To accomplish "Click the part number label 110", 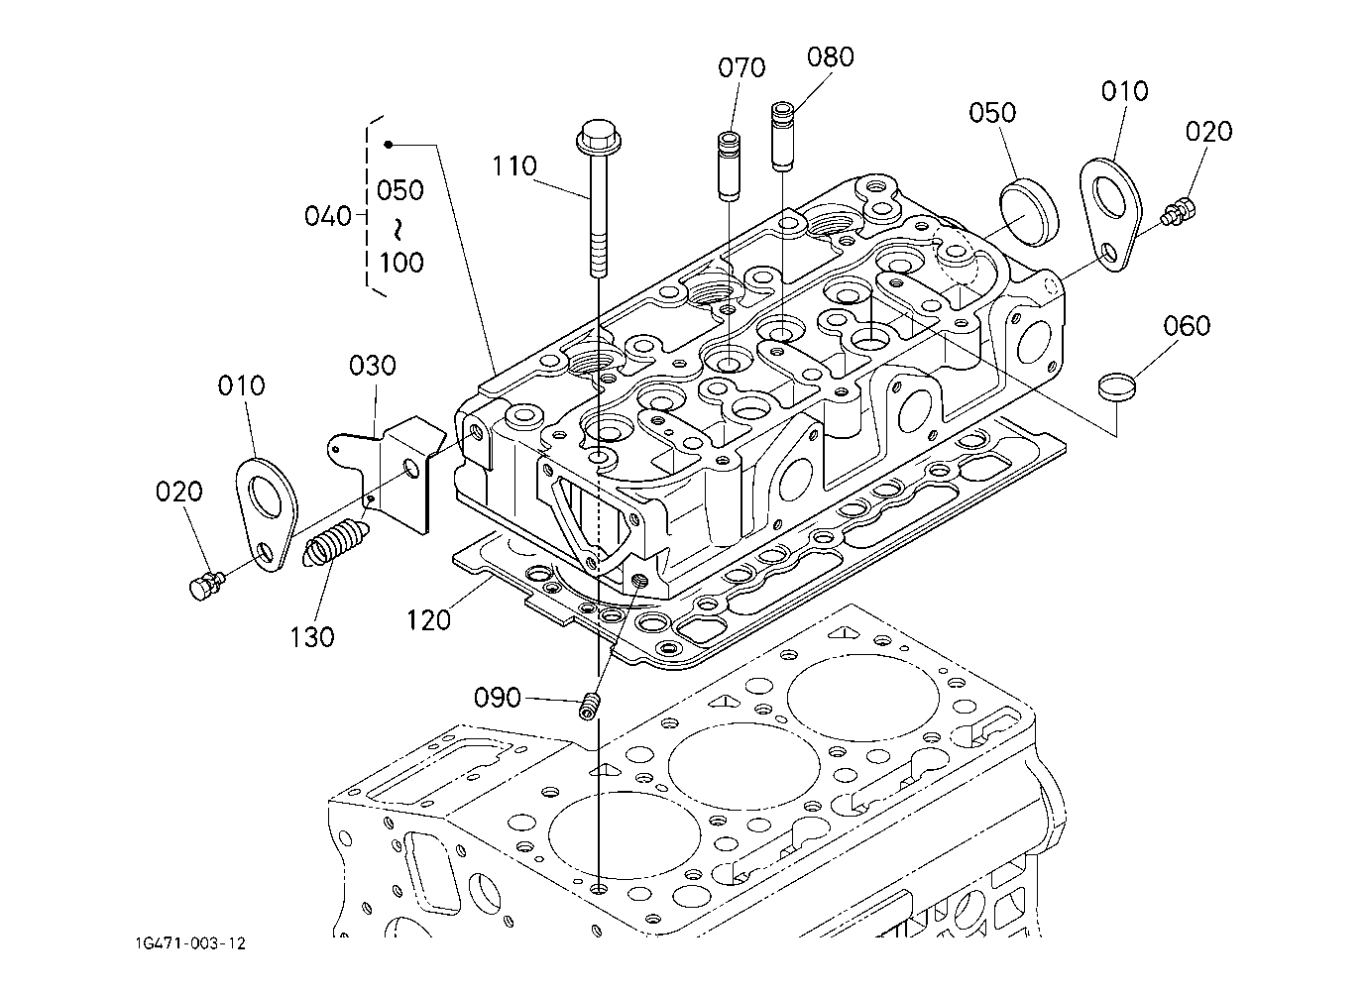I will pyautogui.click(x=513, y=165).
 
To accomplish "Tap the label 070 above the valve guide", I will pyautogui.click(x=741, y=67).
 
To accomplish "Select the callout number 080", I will pyautogui.click(x=830, y=56).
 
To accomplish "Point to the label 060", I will pyautogui.click(x=1187, y=325).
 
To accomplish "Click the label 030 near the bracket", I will pyautogui.click(x=373, y=365).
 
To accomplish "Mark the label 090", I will pyautogui.click(x=497, y=698).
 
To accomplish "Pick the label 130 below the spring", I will pyautogui.click(x=312, y=636).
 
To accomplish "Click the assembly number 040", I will pyautogui.click(x=329, y=215).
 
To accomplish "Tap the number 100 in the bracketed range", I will pyautogui.click(x=400, y=263).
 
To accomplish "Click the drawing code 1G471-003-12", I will pyautogui.click(x=191, y=943).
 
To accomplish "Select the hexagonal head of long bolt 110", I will pyautogui.click(x=595, y=137).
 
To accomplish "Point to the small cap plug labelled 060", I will pyautogui.click(x=1115, y=385).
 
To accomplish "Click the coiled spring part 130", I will pyautogui.click(x=334, y=545).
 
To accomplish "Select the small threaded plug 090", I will pyautogui.click(x=592, y=707).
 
